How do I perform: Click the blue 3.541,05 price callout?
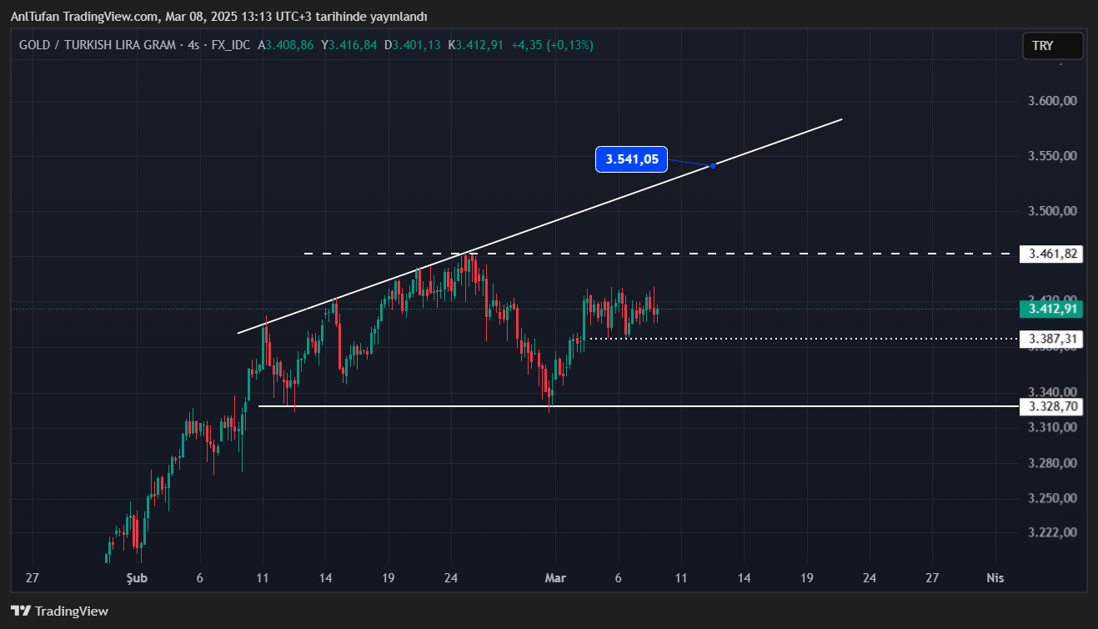click(x=632, y=159)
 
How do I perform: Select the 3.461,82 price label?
click(x=1051, y=254)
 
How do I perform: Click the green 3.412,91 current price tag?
click(x=1051, y=309)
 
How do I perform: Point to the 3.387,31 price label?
click(x=1051, y=339)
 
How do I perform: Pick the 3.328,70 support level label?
click(x=1051, y=406)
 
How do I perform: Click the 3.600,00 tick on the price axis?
click(x=1053, y=101)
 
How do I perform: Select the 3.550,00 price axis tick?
click(x=1053, y=156)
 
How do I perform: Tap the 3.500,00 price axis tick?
click(x=1053, y=211)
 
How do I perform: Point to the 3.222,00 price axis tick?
click(x=1053, y=533)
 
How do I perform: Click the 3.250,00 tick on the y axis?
click(x=1053, y=499)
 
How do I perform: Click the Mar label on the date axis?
click(x=555, y=578)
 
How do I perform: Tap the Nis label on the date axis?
click(x=995, y=578)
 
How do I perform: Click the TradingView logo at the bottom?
click(x=59, y=611)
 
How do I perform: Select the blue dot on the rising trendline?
click(x=712, y=165)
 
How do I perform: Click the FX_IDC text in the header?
click(x=231, y=45)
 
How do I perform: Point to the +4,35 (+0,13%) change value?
click(x=552, y=45)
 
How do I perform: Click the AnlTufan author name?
click(x=34, y=17)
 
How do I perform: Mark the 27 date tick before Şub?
click(x=33, y=578)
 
